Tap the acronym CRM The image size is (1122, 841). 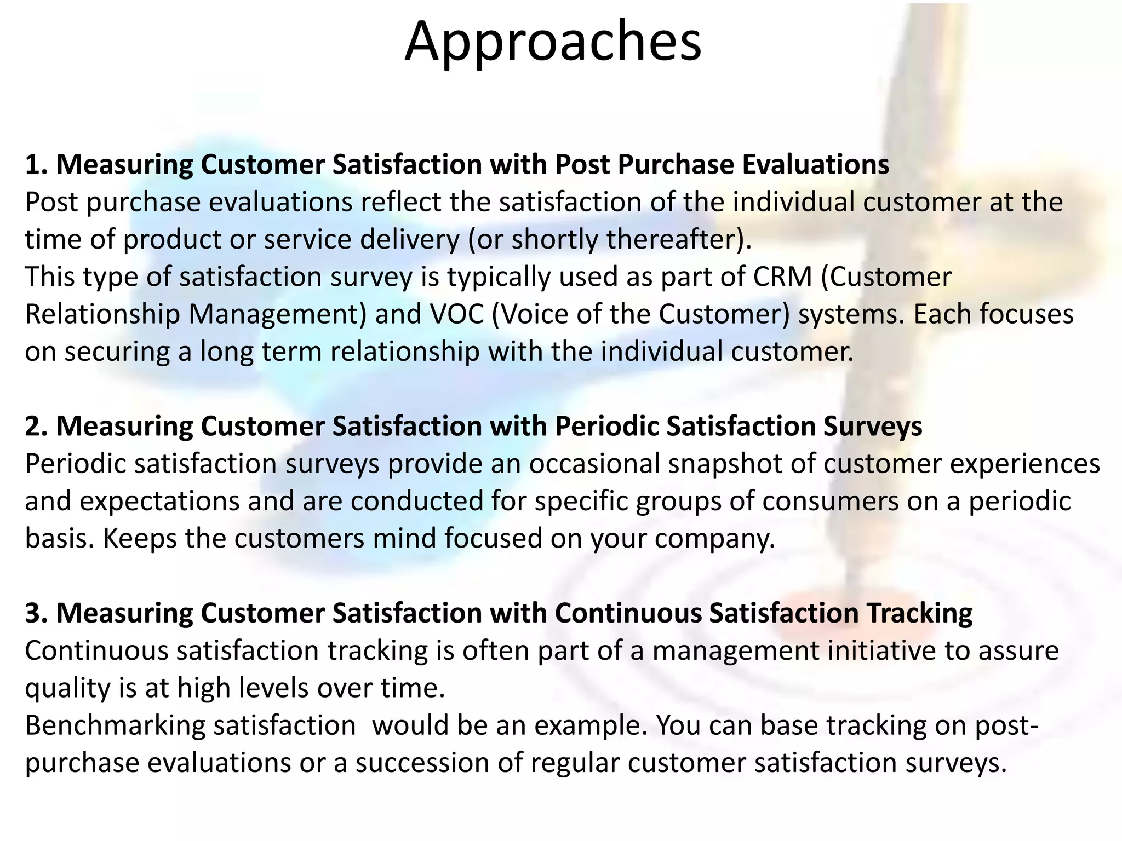tap(782, 277)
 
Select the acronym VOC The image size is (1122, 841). tap(450, 314)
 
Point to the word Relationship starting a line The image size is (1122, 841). tap(102, 314)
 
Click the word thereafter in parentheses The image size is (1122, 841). tap(672, 239)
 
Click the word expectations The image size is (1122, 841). tap(132, 501)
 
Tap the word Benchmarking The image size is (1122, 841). tap(115, 725)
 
